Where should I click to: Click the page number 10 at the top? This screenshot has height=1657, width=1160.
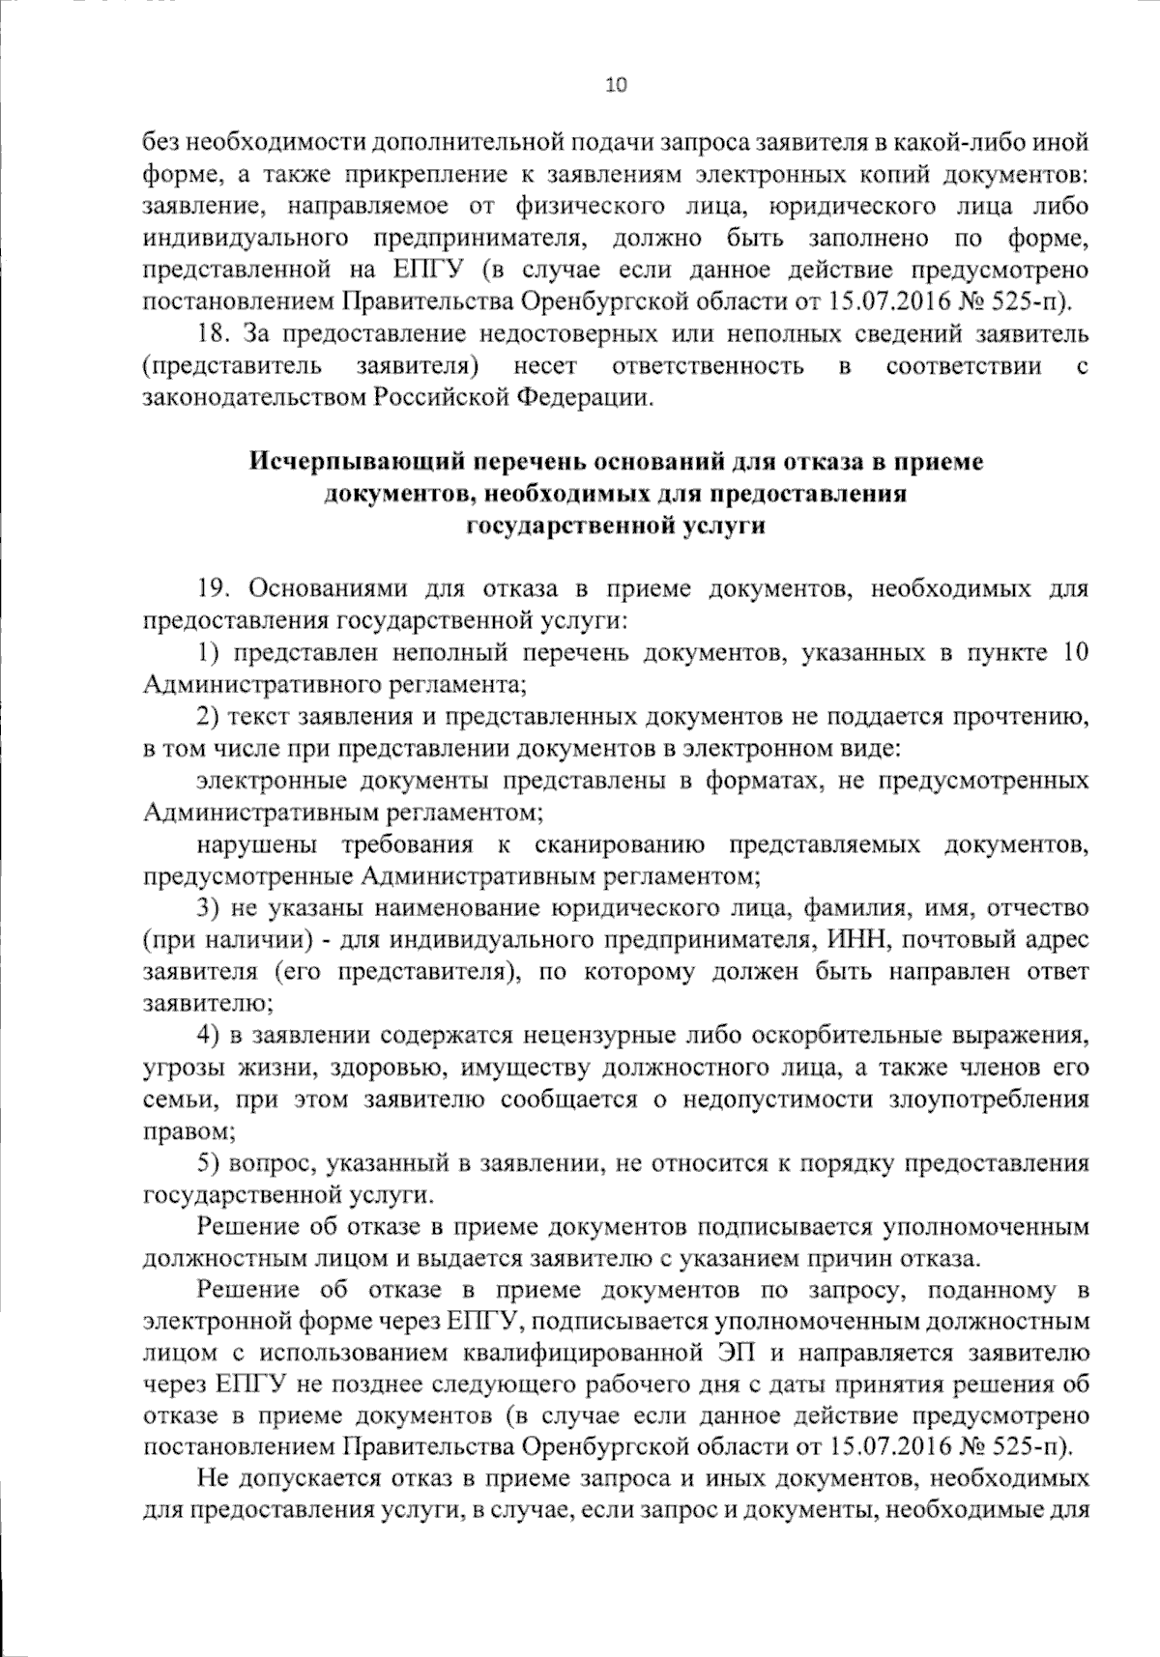pyautogui.click(x=616, y=85)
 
